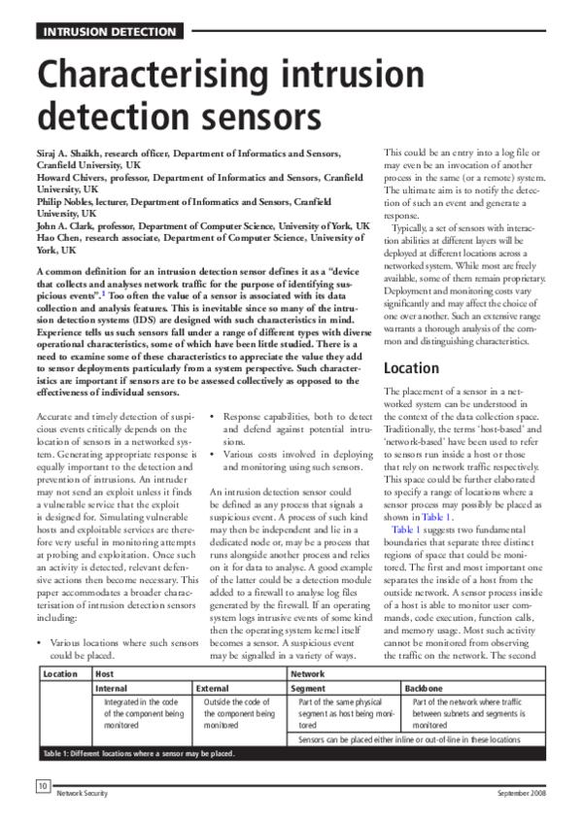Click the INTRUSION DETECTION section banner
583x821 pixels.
click(108, 31)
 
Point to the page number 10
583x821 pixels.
click(44, 785)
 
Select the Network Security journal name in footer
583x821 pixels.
click(84, 794)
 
